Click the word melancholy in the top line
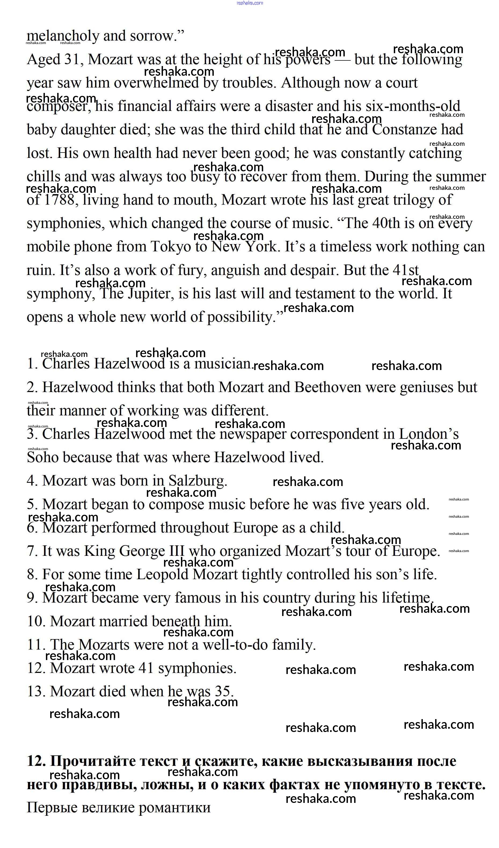63,36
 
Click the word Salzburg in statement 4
198,481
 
